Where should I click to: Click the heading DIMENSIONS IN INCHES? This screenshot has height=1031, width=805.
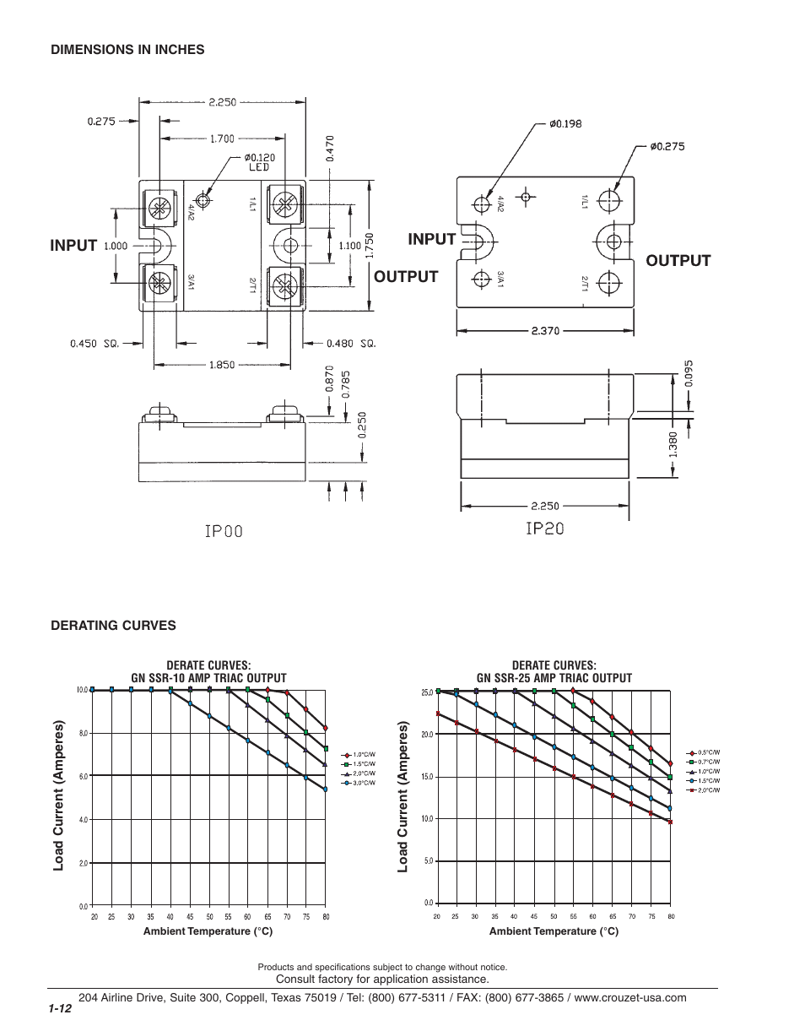coord(127,50)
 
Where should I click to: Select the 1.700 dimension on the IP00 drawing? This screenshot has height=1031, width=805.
coord(222,138)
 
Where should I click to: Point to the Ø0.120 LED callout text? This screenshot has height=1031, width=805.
coord(259,162)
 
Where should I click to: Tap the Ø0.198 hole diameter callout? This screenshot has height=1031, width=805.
coord(565,123)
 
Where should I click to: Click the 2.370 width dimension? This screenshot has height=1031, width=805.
coord(546,331)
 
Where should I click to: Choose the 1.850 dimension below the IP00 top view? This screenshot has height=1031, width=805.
coord(222,365)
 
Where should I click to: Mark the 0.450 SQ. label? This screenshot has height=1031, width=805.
coord(95,344)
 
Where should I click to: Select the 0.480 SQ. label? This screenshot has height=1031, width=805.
coord(350,344)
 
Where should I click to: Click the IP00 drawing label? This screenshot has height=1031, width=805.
coord(223,531)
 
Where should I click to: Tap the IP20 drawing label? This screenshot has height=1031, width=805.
coord(544,529)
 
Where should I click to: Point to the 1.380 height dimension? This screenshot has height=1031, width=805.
coord(674,446)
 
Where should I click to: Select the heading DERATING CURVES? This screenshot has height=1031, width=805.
coord(113,626)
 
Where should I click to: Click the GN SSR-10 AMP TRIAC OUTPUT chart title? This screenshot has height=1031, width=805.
coord(208,678)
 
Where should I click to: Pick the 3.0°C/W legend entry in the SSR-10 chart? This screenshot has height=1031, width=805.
coord(364,784)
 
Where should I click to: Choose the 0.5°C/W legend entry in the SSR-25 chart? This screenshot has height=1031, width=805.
coord(708,752)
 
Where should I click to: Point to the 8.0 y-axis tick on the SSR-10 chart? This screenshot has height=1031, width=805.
coord(83,733)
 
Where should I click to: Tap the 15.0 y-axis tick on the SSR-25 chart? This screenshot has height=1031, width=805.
coord(427,777)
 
